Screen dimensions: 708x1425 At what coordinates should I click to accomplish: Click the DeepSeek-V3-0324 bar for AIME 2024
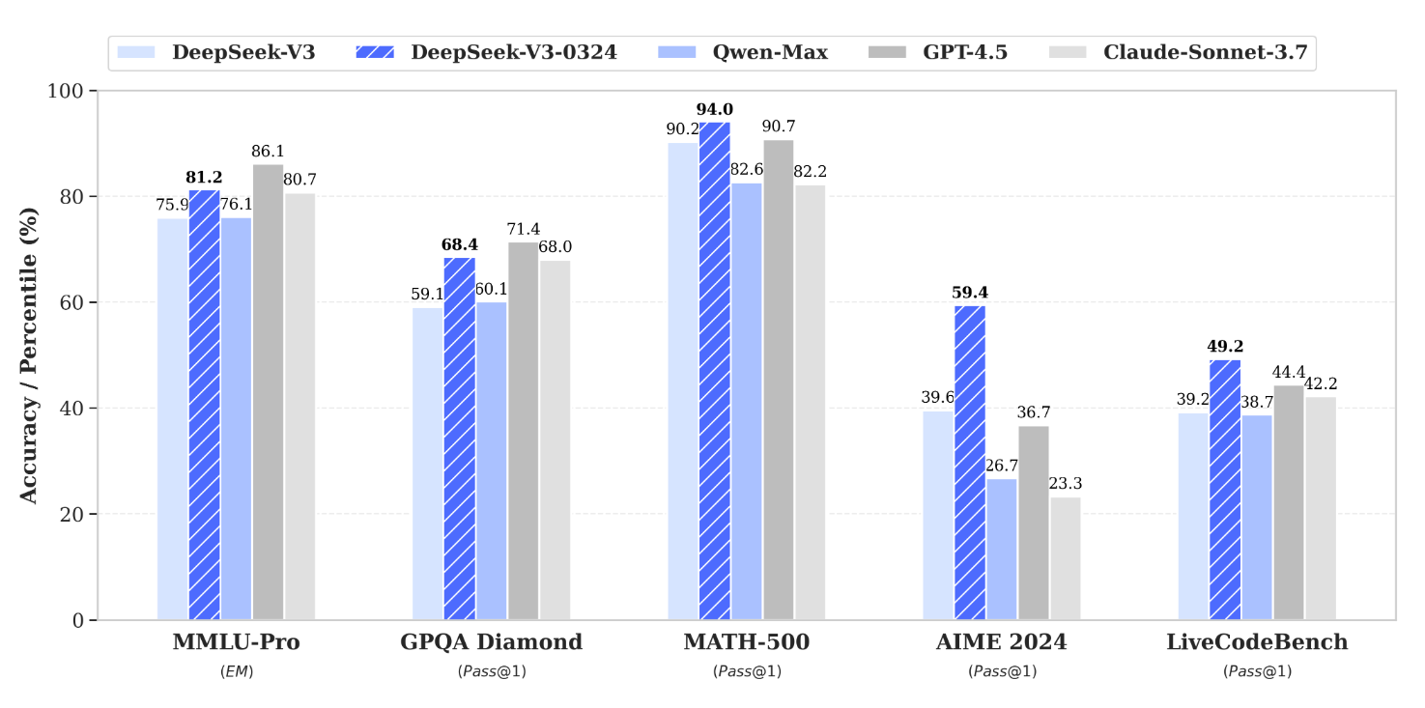click(970, 463)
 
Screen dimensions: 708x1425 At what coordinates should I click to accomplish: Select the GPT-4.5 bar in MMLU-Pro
click(268, 392)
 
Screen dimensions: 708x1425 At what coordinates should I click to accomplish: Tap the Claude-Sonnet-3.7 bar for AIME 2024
click(1066, 558)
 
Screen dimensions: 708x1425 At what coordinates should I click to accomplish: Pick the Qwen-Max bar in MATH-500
click(747, 401)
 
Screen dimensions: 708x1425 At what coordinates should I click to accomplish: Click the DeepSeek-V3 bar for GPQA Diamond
click(427, 464)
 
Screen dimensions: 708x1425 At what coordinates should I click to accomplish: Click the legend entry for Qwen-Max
click(770, 52)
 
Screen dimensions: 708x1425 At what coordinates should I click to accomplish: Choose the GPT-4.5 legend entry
click(965, 52)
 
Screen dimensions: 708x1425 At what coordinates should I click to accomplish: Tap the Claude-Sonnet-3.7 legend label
click(1205, 52)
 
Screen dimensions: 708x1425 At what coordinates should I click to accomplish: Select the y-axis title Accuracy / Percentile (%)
click(30, 355)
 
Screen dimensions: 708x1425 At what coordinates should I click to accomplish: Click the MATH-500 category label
click(746, 642)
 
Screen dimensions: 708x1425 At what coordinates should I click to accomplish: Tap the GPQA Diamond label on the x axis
click(491, 642)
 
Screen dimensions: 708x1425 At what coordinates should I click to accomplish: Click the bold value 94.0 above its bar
click(715, 109)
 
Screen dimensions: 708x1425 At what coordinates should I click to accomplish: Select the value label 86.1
click(268, 152)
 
